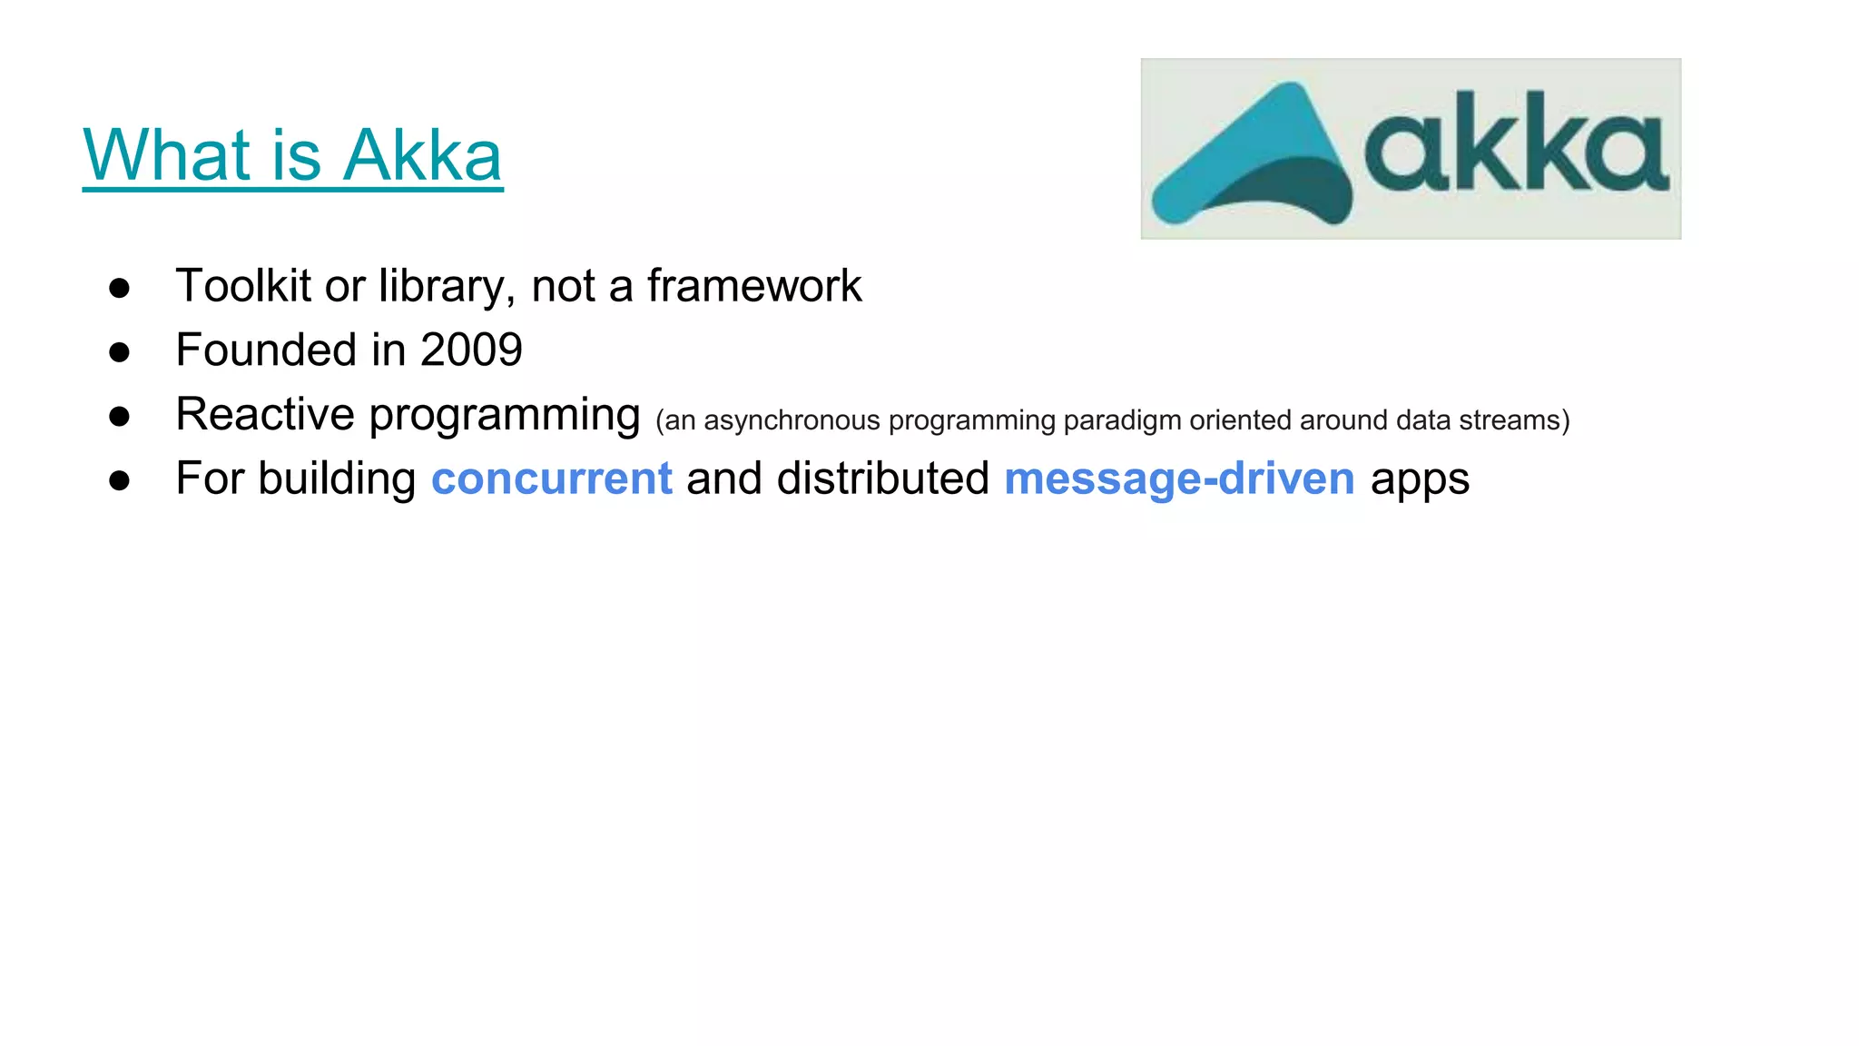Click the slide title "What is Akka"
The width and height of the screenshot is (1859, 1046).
point(292,155)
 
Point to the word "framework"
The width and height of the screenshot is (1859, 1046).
point(753,286)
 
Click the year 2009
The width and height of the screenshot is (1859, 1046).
point(471,350)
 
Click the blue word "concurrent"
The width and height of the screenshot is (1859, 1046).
point(551,479)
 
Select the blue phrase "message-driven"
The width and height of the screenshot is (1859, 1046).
point(1179,479)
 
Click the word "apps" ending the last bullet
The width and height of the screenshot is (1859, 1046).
point(1420,480)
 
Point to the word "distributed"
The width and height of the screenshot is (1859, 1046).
point(882,479)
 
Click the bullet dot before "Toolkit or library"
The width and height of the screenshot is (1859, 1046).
point(119,289)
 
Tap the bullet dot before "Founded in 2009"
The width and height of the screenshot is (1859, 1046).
point(119,353)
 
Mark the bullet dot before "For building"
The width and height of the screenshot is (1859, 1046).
point(119,481)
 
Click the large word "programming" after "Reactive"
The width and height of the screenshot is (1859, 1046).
point(505,417)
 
